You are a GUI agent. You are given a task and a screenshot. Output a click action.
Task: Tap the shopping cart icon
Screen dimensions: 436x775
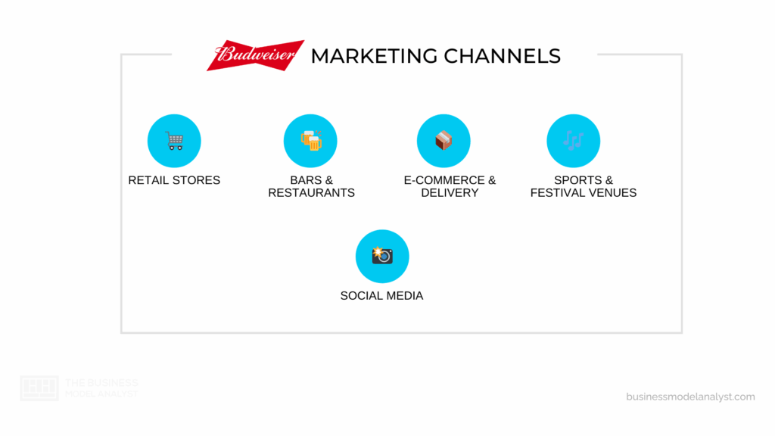pos(174,141)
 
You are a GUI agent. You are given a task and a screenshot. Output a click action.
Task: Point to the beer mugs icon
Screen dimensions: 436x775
pos(310,141)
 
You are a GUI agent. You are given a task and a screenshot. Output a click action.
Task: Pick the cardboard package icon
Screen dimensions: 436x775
pos(444,141)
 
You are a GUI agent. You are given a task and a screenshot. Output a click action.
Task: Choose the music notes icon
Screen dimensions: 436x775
pos(573,141)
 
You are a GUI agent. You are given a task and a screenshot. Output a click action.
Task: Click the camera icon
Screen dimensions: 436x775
pos(382,256)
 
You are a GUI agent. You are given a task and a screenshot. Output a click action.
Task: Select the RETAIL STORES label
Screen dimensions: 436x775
pos(174,180)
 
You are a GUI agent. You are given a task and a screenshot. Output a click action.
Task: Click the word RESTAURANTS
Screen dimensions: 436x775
pos(311,193)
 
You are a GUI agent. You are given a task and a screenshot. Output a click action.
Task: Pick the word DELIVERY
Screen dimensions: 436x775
pos(450,193)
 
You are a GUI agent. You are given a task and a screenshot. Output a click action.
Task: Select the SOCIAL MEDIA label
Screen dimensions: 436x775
pos(381,296)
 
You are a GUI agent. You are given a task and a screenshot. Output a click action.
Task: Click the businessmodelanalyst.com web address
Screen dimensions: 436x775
pos(690,397)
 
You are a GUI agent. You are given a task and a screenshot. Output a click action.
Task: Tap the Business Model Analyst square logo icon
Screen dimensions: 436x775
pos(39,388)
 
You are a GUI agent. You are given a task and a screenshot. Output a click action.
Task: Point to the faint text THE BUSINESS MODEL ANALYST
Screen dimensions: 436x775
pos(101,388)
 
